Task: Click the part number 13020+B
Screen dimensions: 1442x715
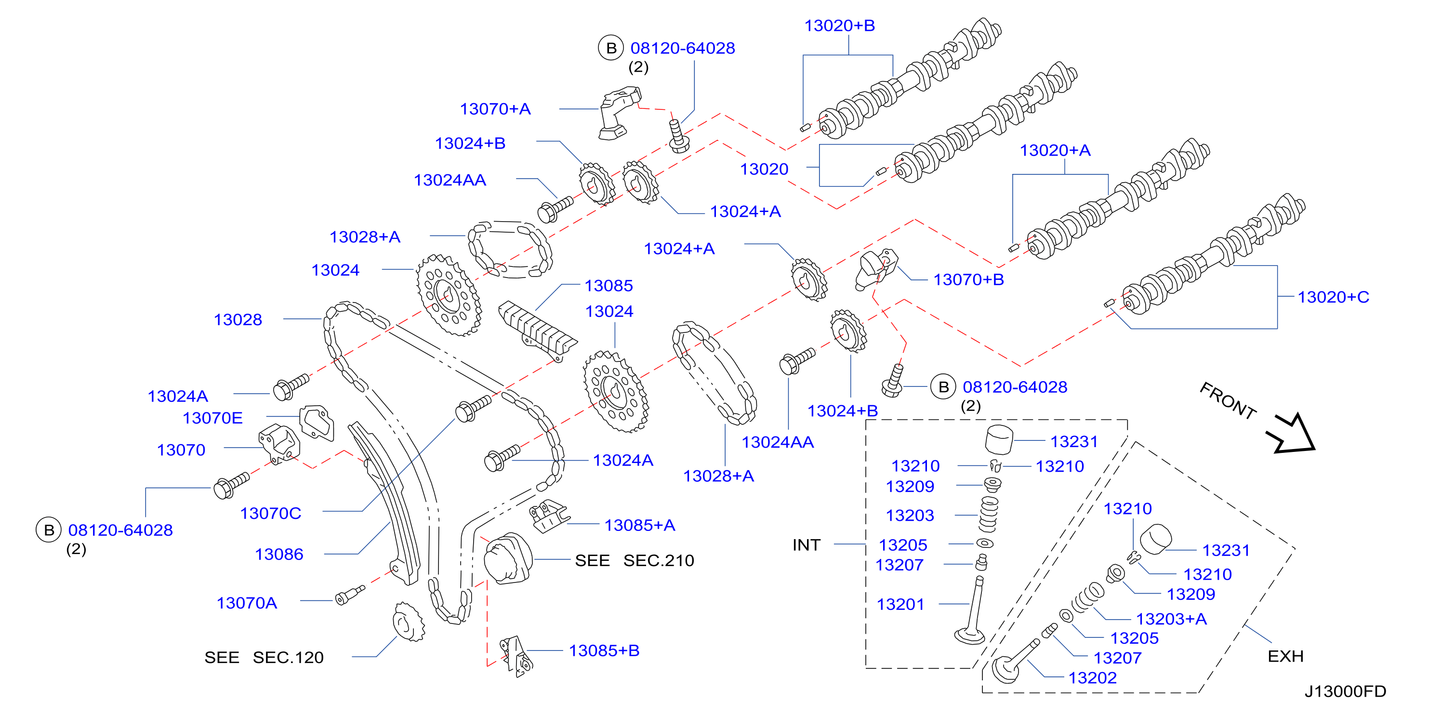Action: click(839, 26)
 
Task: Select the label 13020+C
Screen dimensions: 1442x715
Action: click(1334, 297)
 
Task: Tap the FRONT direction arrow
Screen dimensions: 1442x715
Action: click(1293, 433)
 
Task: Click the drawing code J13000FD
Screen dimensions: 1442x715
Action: click(1345, 691)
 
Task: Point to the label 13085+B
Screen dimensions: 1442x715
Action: click(604, 650)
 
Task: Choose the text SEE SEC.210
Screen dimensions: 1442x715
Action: click(634, 560)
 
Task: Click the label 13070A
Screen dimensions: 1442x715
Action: click(247, 603)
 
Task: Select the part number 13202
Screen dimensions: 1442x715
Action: click(1092, 678)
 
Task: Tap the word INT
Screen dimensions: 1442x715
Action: click(806, 545)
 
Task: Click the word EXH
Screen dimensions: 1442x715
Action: click(1285, 656)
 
